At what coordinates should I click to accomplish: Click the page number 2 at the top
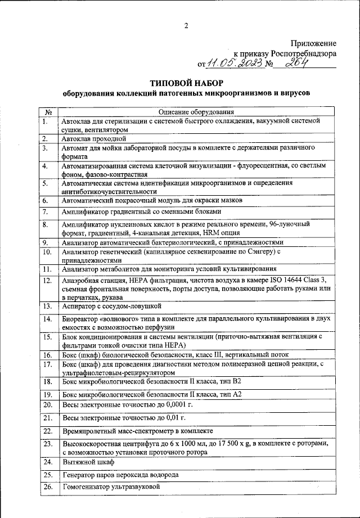coord(185,24)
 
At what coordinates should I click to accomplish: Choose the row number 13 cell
coord(48,306)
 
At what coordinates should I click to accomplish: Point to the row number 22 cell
coord(48,431)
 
